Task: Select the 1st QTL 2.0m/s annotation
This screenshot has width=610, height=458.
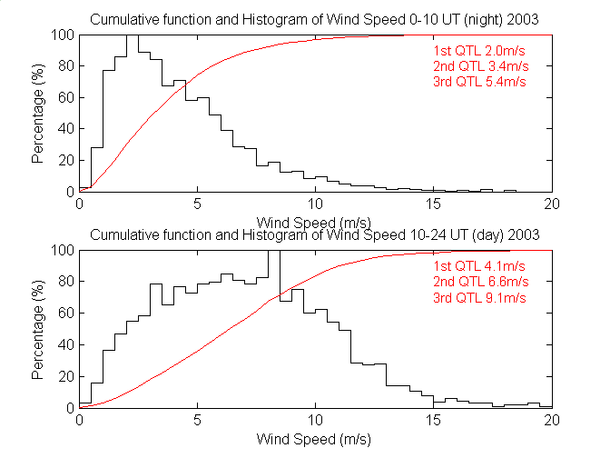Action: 478,51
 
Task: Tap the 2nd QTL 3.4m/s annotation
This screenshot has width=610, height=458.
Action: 478,66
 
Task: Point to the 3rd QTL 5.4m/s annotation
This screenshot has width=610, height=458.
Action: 478,82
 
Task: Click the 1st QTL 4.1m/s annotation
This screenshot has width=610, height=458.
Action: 478,266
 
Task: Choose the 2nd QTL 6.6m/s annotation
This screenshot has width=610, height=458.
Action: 478,282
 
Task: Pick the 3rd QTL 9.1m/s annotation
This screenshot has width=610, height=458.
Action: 478,297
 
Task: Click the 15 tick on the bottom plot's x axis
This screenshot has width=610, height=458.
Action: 433,420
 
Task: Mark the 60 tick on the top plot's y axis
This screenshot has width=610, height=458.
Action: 65,97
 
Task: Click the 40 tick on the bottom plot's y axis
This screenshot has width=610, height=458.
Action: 65,344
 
